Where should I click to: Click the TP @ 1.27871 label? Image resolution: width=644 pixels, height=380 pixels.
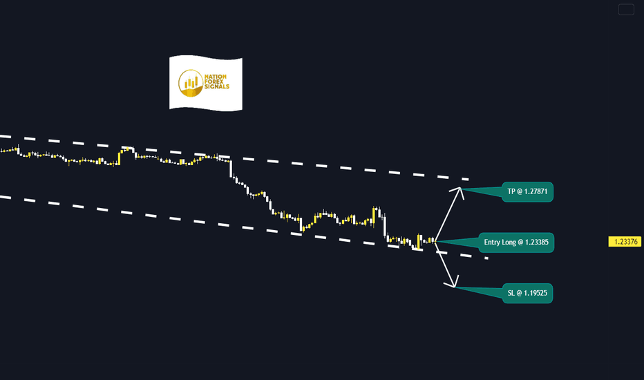(527, 192)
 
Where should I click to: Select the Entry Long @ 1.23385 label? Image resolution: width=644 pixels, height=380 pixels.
(516, 243)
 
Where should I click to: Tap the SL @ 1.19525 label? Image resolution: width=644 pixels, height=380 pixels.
(527, 294)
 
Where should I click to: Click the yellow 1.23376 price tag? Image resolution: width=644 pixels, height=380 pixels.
(625, 242)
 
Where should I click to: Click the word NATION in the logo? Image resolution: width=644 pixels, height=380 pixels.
(215, 77)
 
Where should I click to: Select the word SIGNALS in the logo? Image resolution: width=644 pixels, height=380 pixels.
(217, 86)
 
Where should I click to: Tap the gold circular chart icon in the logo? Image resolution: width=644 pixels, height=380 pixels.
(191, 83)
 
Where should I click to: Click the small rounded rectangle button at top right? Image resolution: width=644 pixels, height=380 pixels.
(626, 10)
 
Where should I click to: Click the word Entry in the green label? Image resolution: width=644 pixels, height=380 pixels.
(491, 243)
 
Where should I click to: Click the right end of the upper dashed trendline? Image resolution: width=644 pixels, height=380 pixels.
(468, 180)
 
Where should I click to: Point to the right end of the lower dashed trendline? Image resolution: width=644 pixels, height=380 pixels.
(487, 258)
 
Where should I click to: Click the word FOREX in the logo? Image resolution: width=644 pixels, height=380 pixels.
(214, 82)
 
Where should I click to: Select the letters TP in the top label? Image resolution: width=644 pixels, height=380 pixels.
(511, 192)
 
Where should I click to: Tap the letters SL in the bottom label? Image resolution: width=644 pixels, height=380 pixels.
(511, 294)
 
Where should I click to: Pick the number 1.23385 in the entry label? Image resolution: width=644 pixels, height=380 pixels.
(533, 243)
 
